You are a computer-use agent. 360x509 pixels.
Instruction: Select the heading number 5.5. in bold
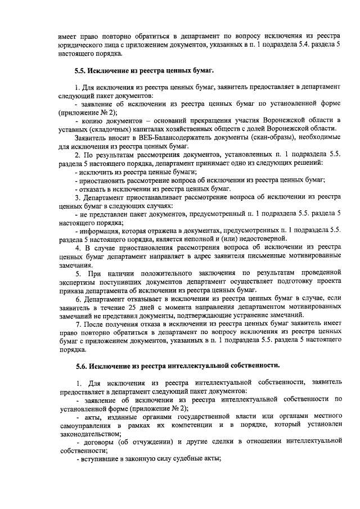[x=84, y=71]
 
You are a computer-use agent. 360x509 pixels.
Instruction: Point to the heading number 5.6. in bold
[x=84, y=366]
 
